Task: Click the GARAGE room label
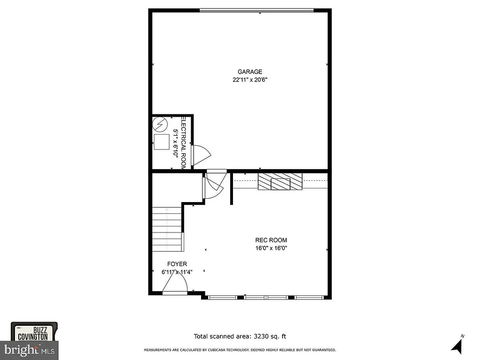pos(249,72)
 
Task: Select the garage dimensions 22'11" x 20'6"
pos(249,80)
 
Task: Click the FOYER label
pos(177,264)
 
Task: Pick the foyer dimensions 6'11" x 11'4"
pos(177,272)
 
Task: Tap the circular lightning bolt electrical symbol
pos(160,124)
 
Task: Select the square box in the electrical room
pos(162,142)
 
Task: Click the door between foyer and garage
pos(214,185)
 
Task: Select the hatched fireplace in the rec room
pos(280,181)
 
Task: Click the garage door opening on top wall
pos(256,10)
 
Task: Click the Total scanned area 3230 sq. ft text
pos(240,336)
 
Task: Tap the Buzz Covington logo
pos(34,333)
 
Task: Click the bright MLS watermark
pos(29,349)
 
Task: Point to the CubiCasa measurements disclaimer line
pos(240,350)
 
